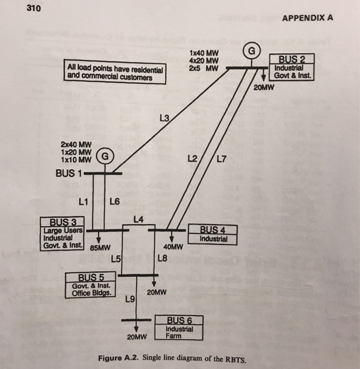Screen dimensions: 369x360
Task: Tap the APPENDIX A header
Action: click(308, 16)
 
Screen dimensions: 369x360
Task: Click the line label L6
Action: click(115, 201)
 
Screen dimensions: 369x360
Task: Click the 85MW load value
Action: click(100, 247)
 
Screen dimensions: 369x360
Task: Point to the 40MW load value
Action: click(173, 247)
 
